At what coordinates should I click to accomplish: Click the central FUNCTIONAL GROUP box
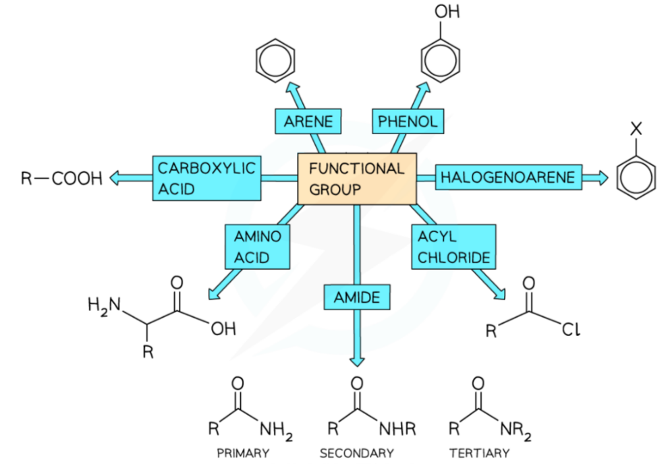[357, 179]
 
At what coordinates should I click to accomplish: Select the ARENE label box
[308, 121]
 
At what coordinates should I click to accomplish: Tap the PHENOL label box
[408, 121]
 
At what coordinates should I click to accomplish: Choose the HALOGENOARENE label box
[507, 177]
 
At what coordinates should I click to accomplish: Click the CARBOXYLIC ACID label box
[206, 178]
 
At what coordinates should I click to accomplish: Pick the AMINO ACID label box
[257, 247]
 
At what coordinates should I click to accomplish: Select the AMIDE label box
[357, 297]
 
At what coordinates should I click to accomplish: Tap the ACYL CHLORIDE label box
[453, 247]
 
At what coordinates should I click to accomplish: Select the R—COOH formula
[61, 179]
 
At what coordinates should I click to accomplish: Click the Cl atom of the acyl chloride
[570, 330]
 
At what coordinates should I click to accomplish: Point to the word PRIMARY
[243, 453]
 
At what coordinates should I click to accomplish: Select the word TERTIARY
[479, 453]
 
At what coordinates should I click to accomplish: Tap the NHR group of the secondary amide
[397, 429]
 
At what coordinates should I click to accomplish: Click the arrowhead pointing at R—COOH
[116, 179]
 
